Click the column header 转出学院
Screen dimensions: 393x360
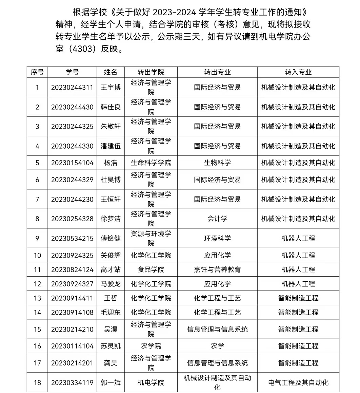pyautogui.click(x=151, y=72)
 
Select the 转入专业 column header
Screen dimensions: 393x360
pyautogui.click(x=298, y=72)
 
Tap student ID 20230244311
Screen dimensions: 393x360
pyautogui.click(x=72, y=87)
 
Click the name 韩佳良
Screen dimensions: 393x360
pyautogui.click(x=111, y=107)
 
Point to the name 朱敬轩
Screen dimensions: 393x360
pyautogui.click(x=111, y=126)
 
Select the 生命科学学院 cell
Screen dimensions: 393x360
pyautogui.click(x=151, y=163)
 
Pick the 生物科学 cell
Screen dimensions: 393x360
pyautogui.click(x=217, y=163)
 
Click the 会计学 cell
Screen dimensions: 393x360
pyautogui.click(x=217, y=219)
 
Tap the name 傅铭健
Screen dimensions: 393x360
pyautogui.click(x=111, y=238)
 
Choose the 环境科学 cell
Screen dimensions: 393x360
pyautogui.click(x=217, y=238)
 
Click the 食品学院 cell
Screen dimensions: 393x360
pyautogui.click(x=151, y=269)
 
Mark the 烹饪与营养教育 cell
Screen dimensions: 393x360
pyautogui.click(x=217, y=269)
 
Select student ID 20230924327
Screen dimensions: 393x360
pyautogui.click(x=72, y=284)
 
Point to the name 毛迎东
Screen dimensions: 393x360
pyautogui.click(x=111, y=312)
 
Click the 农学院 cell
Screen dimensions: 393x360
pyautogui.click(x=151, y=346)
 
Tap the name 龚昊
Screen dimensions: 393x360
pyautogui.click(x=111, y=363)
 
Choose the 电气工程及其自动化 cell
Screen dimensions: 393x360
pyautogui.click(x=298, y=382)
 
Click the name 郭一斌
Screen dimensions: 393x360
pyautogui.click(x=111, y=382)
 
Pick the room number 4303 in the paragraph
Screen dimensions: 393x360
pyautogui.click(x=81, y=49)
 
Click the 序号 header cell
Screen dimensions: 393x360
pyautogui.click(x=37, y=72)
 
